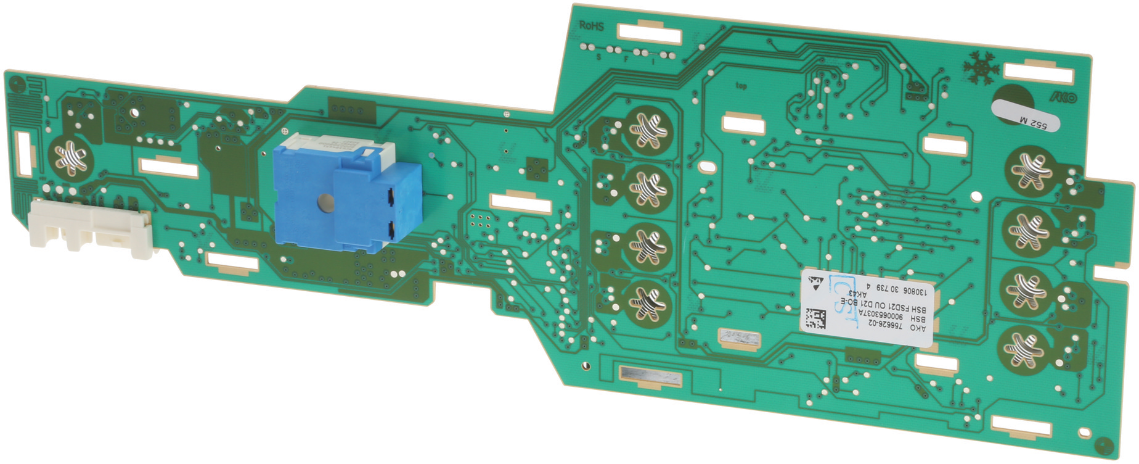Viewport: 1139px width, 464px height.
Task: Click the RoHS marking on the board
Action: pyautogui.click(x=591, y=27)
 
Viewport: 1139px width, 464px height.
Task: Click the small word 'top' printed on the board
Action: pyautogui.click(x=741, y=86)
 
